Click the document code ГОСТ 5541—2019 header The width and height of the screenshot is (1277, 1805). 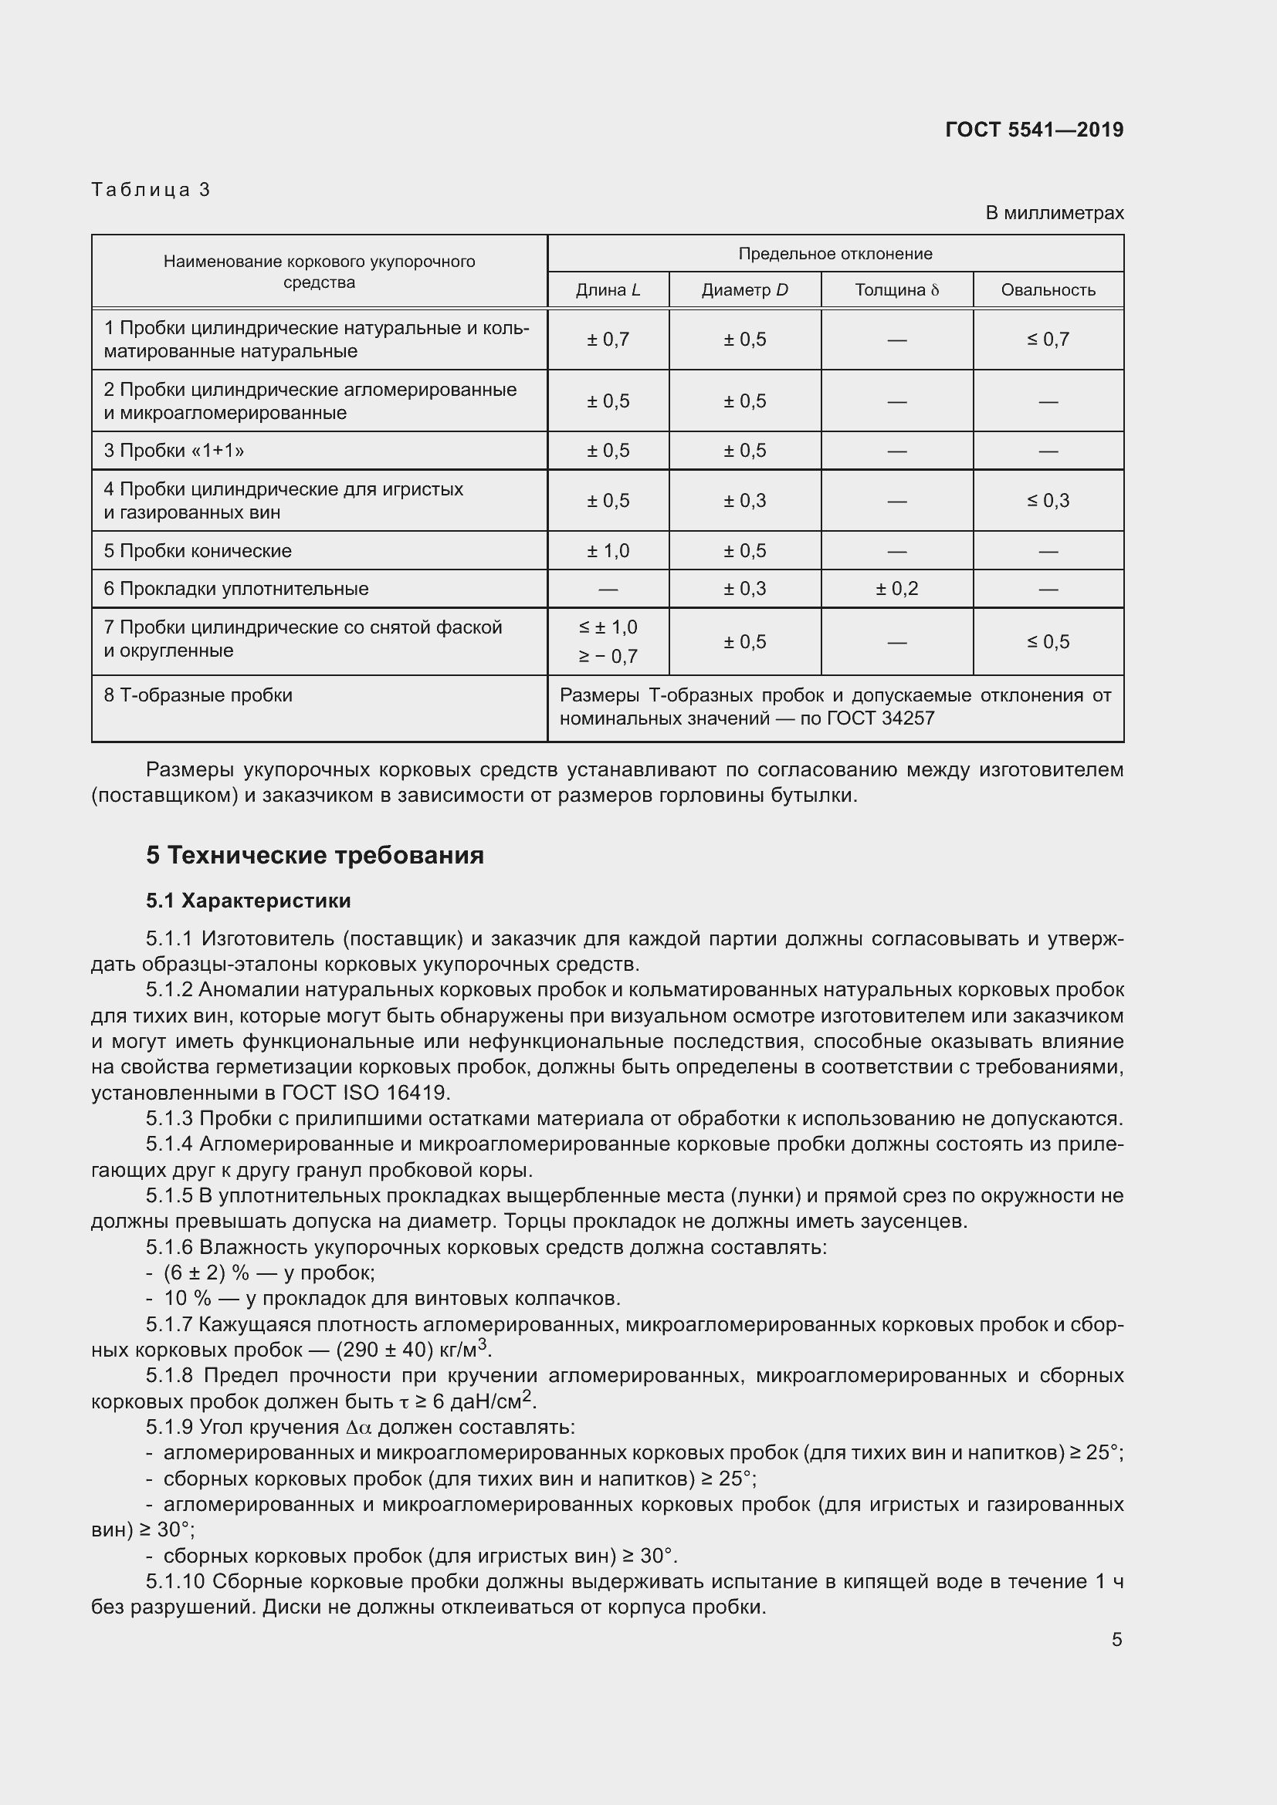(1033, 130)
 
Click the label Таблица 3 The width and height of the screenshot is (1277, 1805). (151, 190)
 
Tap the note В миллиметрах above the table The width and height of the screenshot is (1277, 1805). (1054, 213)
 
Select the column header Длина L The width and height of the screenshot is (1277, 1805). (608, 290)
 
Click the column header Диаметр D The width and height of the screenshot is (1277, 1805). (744, 290)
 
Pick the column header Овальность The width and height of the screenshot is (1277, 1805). (1048, 290)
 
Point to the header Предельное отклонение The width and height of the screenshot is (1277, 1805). (835, 254)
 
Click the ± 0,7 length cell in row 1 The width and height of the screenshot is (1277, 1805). (608, 340)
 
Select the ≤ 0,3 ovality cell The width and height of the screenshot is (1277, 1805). (1048, 501)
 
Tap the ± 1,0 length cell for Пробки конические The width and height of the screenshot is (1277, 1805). (608, 551)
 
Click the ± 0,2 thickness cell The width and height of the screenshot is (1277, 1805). (896, 589)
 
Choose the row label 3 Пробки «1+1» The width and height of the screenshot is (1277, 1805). (174, 451)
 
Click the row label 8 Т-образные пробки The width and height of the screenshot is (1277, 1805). (198, 695)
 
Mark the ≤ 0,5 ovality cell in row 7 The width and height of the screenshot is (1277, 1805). (1048, 641)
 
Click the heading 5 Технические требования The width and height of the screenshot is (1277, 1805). (314, 855)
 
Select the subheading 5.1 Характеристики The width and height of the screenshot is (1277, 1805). (249, 901)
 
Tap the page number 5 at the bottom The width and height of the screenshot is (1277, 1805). (1116, 1640)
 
